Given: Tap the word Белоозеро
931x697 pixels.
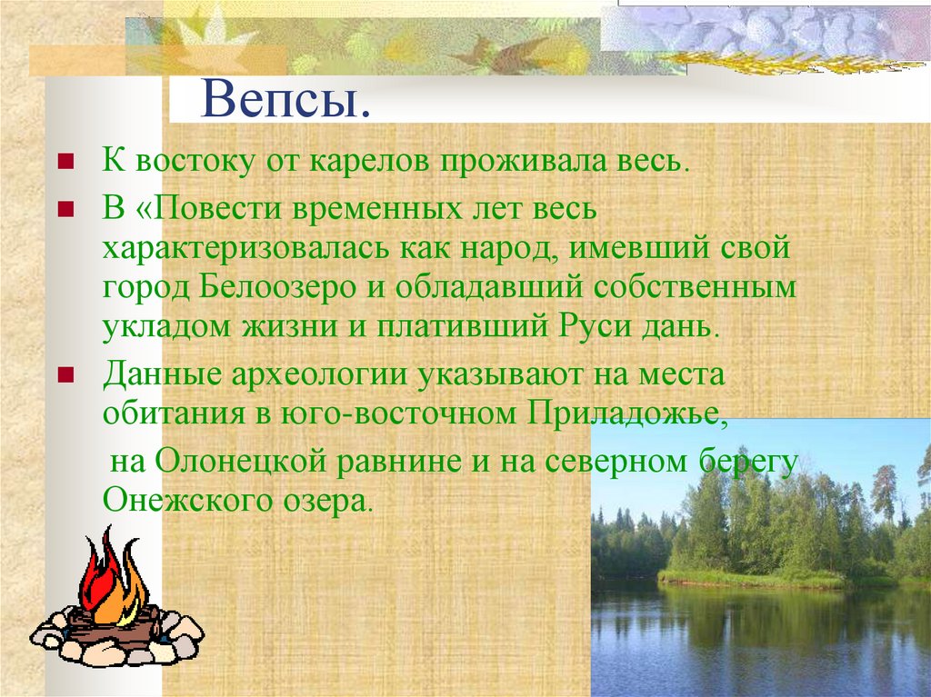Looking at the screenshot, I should (293, 287).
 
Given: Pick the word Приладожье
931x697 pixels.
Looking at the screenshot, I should (625, 413).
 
